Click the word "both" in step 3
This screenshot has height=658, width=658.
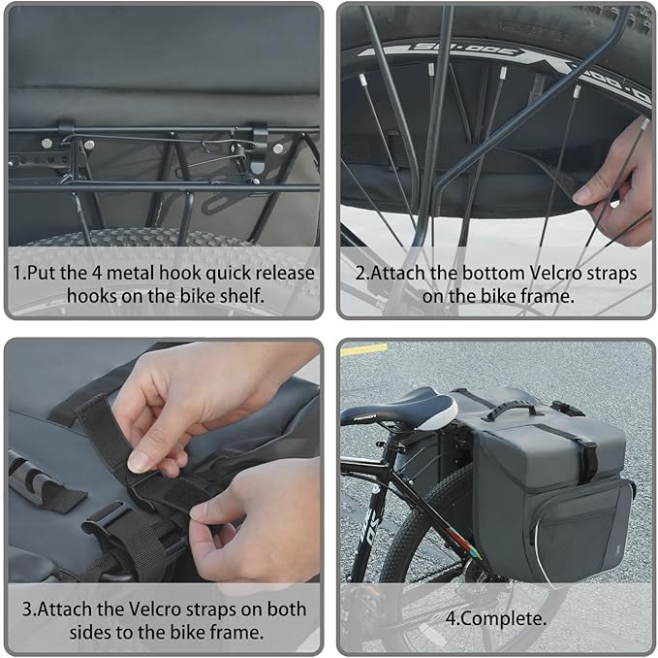[286, 609]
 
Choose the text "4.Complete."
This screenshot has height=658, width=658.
[493, 617]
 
